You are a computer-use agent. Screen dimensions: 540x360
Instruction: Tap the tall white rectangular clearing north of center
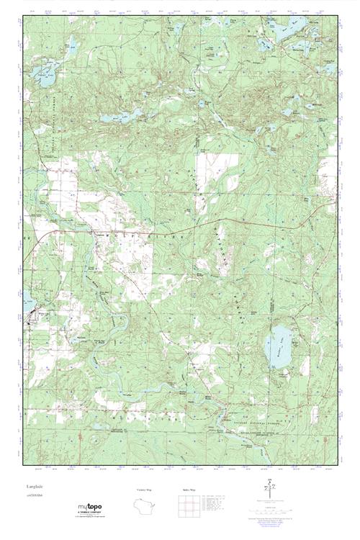(207, 167)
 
